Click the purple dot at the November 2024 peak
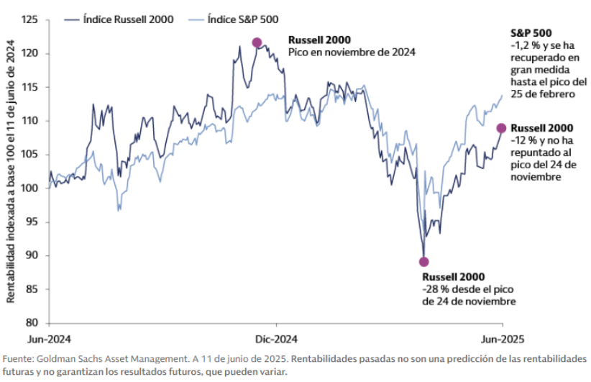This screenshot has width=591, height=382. [x=257, y=42]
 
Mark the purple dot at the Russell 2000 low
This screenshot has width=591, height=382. [x=423, y=262]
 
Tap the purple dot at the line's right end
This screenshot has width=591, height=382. [x=502, y=128]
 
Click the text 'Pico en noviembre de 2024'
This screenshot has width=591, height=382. [x=352, y=53]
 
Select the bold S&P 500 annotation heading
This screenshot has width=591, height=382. [x=530, y=33]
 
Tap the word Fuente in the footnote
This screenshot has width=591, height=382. [x=19, y=359]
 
